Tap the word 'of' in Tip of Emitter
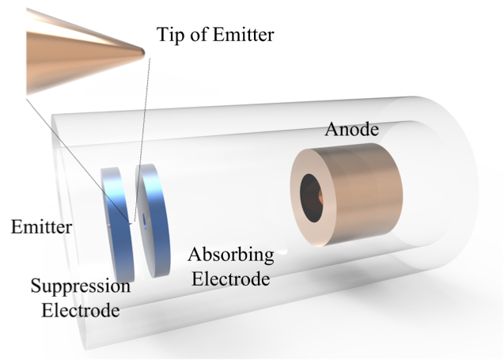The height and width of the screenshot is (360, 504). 200,36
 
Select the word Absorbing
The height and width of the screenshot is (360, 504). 231,256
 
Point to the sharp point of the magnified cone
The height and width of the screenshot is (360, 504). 143,52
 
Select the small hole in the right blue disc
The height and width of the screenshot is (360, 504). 148,213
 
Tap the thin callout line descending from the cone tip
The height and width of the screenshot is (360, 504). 138,135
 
